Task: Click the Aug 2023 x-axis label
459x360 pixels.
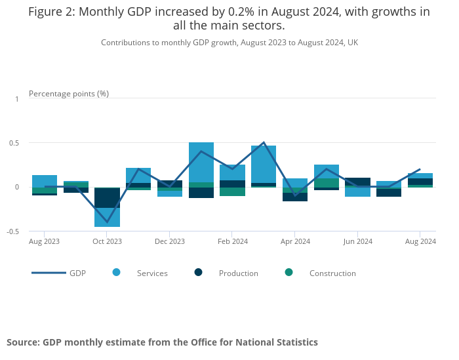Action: (44, 241)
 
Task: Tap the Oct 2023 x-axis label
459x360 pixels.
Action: (107, 241)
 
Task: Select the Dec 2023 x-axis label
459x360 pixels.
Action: (170, 241)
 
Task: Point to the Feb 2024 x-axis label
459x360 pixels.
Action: (232, 241)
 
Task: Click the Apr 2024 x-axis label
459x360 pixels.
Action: (295, 241)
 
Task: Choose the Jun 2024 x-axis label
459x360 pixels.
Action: (357, 241)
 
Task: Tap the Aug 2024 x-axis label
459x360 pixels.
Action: (420, 241)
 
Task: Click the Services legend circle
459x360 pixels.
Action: (117, 272)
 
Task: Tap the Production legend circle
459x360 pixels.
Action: (199, 272)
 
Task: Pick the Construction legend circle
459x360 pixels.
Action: (289, 272)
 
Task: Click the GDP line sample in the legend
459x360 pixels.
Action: (49, 273)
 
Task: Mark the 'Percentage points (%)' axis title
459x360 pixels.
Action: (69, 94)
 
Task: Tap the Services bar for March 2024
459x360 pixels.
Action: (264, 164)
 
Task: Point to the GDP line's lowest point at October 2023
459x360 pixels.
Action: (107, 222)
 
